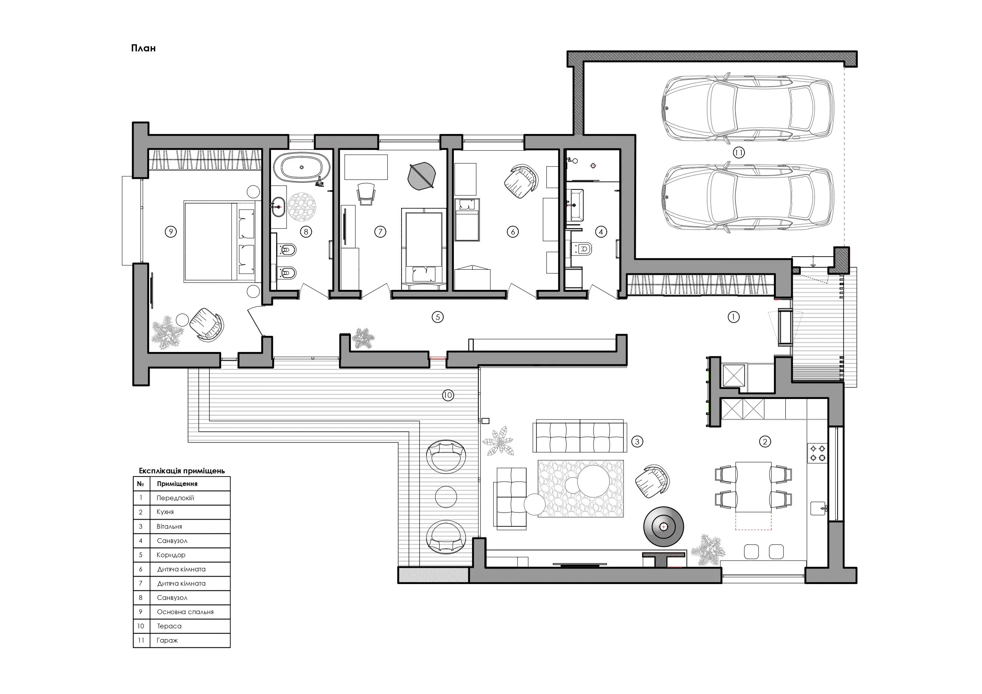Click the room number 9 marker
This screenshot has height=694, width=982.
pyautogui.click(x=171, y=232)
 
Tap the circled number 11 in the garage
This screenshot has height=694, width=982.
pyautogui.click(x=738, y=153)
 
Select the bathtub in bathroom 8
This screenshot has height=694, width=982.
pyautogui.click(x=301, y=168)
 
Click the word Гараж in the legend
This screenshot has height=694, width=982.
pyautogui.click(x=167, y=641)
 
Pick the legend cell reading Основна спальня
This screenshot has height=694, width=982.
pyautogui.click(x=185, y=612)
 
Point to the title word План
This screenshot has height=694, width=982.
pyautogui.click(x=143, y=48)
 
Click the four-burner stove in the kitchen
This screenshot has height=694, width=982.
pyautogui.click(x=817, y=453)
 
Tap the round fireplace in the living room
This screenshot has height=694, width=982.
pyautogui.click(x=664, y=527)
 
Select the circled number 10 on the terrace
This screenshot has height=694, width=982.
pyautogui.click(x=448, y=395)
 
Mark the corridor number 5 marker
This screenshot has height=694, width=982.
pyautogui.click(x=437, y=317)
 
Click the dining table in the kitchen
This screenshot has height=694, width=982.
pyautogui.click(x=753, y=487)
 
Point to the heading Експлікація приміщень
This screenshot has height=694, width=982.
pyautogui.click(x=182, y=471)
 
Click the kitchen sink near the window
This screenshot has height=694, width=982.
pyautogui.click(x=819, y=509)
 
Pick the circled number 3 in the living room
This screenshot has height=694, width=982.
pyautogui.click(x=637, y=441)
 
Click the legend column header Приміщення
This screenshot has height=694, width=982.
pyautogui.click(x=177, y=484)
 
